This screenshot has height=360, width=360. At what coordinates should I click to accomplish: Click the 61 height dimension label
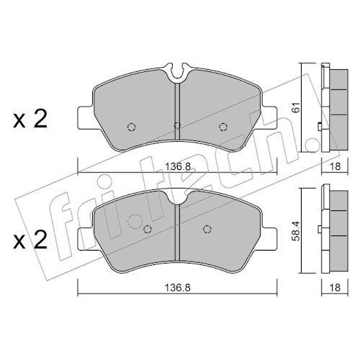point(297,107)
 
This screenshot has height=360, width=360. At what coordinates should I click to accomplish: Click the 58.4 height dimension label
point(297,231)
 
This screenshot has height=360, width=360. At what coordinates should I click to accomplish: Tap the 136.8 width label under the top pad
point(178,166)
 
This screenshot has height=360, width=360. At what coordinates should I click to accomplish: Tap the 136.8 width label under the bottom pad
point(178,287)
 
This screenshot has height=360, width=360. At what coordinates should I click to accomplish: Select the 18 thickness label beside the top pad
point(336,166)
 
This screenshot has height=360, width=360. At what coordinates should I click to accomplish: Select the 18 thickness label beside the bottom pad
point(336,287)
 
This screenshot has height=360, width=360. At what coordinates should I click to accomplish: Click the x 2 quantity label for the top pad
point(30,120)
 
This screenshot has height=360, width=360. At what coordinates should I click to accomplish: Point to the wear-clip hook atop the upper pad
point(178,71)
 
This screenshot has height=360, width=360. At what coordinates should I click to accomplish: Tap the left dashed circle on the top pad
point(132,127)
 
